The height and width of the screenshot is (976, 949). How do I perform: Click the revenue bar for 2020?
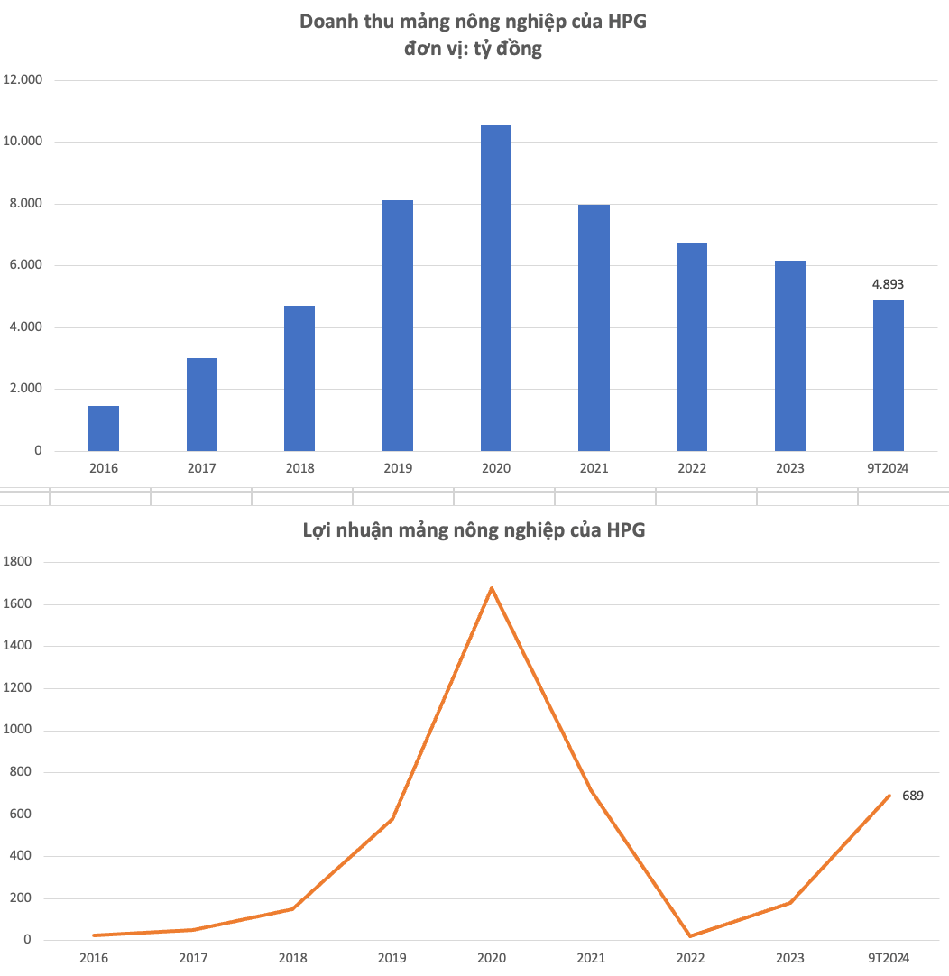[x=496, y=289]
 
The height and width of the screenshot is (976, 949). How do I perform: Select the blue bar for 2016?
[x=104, y=428]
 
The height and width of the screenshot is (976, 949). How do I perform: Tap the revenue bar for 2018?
[x=299, y=379]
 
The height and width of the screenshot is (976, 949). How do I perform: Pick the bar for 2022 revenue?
[x=692, y=347]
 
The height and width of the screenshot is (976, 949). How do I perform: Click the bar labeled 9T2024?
[x=888, y=376]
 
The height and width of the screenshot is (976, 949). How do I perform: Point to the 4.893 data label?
[x=888, y=284]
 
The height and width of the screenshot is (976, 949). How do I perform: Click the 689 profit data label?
[x=912, y=796]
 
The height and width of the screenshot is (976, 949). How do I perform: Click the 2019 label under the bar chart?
[x=398, y=468]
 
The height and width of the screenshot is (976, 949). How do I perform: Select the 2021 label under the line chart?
[x=591, y=957]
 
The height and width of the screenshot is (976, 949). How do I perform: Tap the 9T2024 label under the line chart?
[x=888, y=957]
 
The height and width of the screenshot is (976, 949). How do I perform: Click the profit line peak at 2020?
[x=492, y=588]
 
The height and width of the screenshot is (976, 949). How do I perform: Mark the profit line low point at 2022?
[x=690, y=935]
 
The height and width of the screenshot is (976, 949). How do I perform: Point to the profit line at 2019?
[x=392, y=818]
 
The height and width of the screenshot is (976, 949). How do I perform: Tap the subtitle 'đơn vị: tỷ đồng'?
[x=474, y=49]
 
